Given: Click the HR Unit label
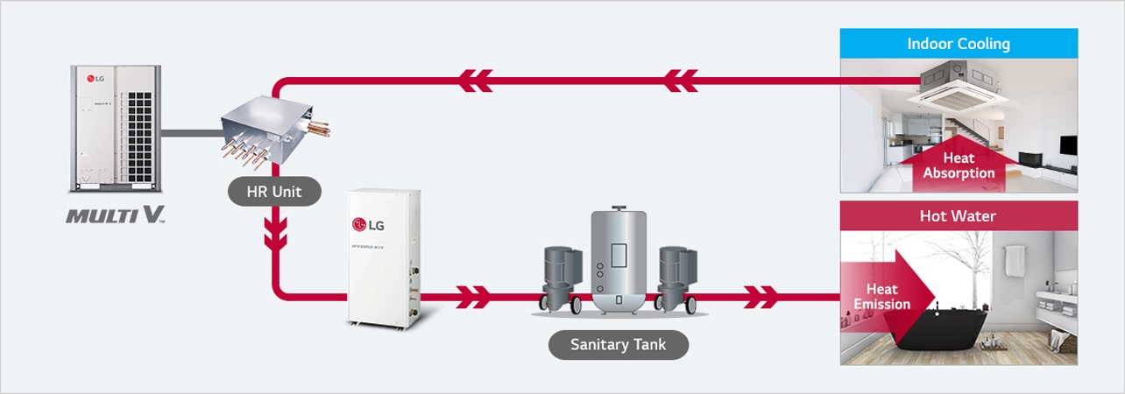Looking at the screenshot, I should coord(262,193).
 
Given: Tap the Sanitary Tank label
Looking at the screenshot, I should coord(618,344).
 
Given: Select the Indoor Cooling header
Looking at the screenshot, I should coord(959,44).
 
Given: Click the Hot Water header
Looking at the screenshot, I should coord(959,215).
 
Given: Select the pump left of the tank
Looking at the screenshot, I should coord(562,276).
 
